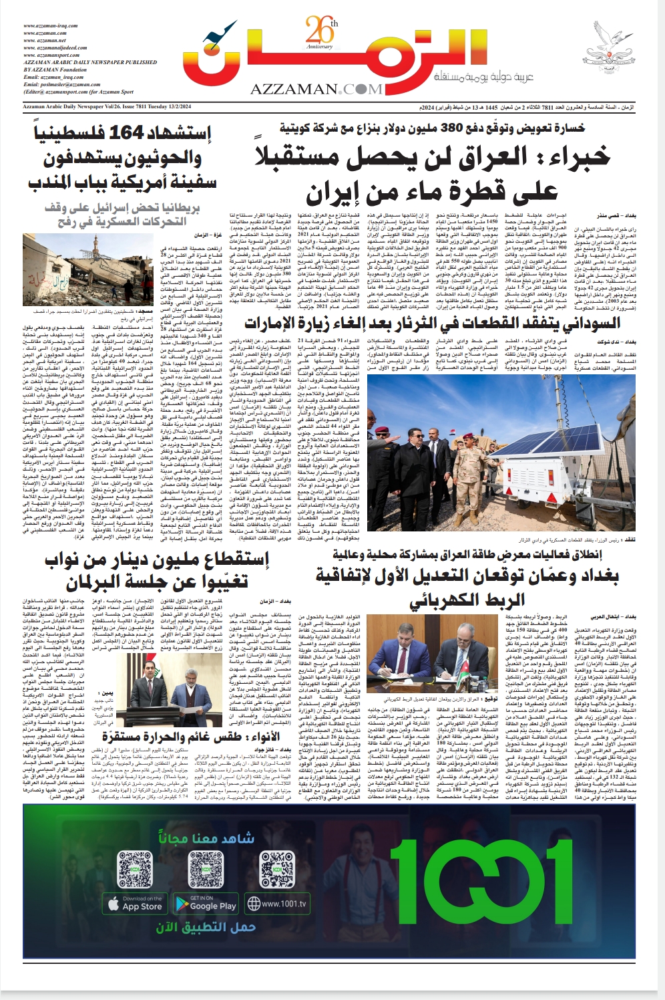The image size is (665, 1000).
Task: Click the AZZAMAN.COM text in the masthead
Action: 317,89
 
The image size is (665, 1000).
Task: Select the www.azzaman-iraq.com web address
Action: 50,26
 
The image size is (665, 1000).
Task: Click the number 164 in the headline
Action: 126,133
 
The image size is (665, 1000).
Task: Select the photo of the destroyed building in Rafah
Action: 77,269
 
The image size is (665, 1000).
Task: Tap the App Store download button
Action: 135,904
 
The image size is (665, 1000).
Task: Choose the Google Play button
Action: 206,904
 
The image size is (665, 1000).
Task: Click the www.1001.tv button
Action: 277,904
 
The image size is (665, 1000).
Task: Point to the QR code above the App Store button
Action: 135,869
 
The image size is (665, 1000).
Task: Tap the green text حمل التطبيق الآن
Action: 206,928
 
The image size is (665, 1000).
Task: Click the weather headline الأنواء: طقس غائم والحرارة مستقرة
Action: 192,737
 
